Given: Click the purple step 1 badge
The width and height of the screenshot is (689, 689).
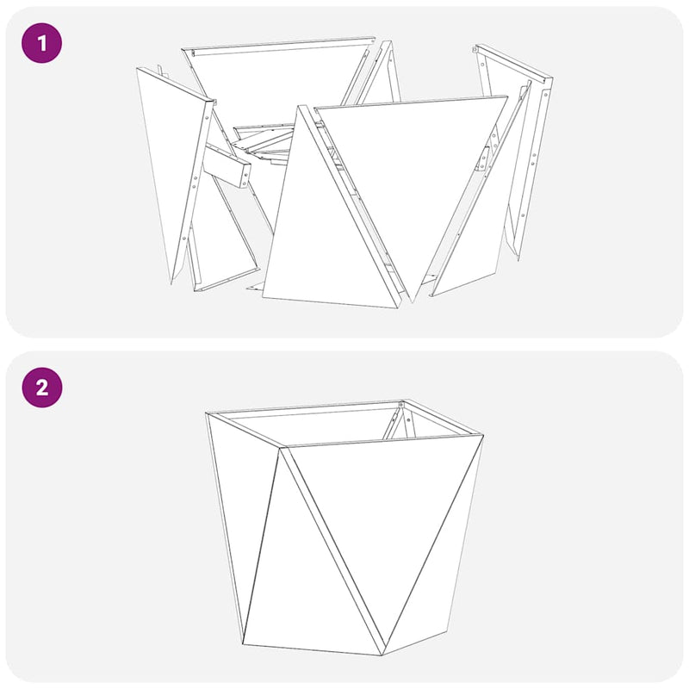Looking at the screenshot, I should [41, 42].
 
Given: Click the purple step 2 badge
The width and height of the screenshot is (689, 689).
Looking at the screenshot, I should [41, 387].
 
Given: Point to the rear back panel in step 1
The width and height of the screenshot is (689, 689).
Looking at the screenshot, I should [276, 82].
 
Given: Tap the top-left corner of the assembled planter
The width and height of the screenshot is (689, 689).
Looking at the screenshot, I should [208, 415].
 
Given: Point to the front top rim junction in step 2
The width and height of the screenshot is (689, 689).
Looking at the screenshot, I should [282, 447].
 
